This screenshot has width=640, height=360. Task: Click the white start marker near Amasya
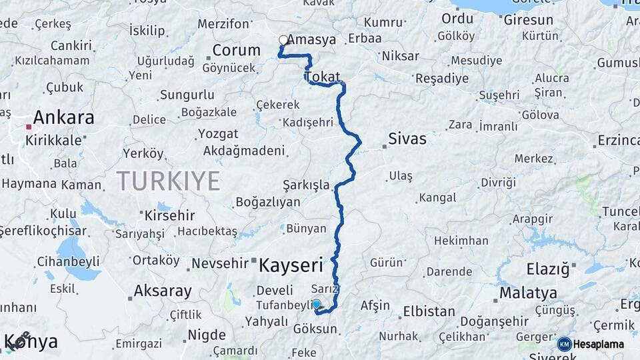pos(283,40)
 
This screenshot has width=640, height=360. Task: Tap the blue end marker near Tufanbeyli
pos(317,305)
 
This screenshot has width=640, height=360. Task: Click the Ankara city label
pos(63,118)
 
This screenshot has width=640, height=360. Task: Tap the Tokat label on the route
pos(323,77)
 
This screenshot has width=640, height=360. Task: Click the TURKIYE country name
pos(169,181)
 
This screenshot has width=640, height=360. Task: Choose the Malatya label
pos(527,293)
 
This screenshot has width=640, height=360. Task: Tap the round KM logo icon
pos(564,344)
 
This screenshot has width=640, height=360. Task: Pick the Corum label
pos(236,50)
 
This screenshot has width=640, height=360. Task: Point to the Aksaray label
pos(163,291)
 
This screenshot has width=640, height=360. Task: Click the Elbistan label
pos(429,311)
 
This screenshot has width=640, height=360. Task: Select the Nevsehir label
pos(219,264)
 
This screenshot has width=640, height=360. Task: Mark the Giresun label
pos(528,20)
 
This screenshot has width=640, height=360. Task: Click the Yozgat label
pos(218,134)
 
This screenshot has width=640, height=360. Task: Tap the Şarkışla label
pos(306,185)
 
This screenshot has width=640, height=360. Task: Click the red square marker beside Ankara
pos(28,125)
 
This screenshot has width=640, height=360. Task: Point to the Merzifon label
pos(223,24)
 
